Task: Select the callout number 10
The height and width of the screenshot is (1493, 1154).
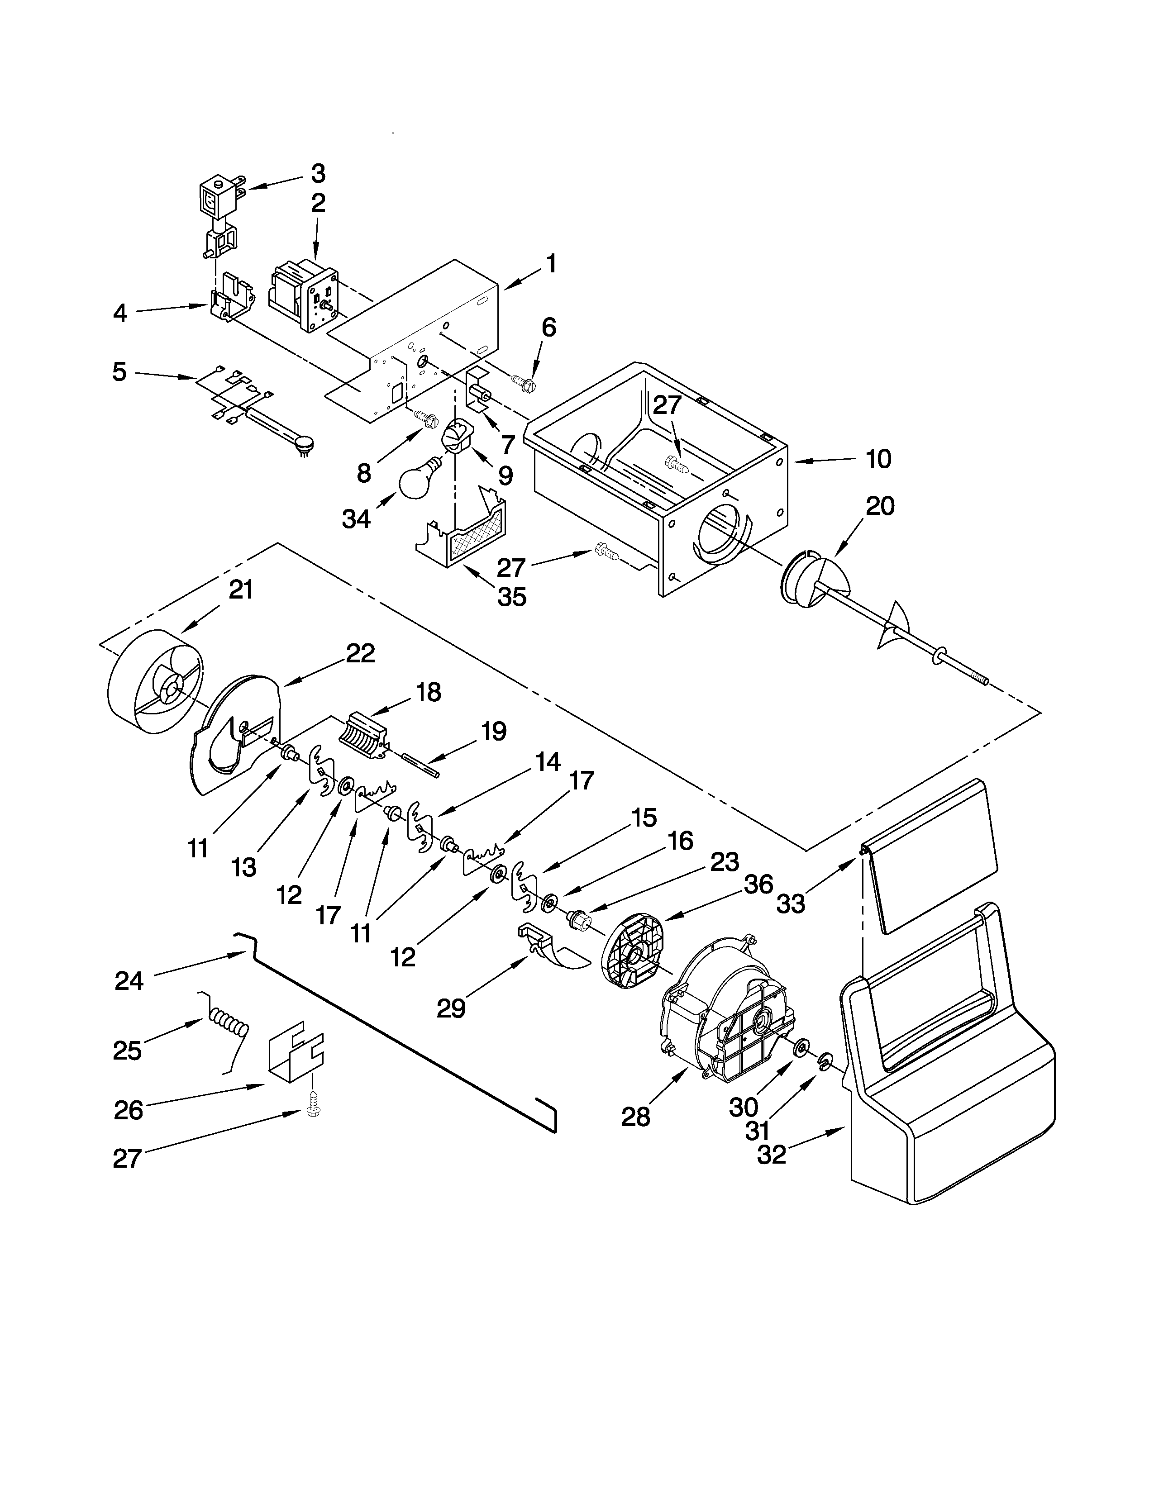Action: pos(878,459)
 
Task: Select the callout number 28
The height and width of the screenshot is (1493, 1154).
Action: pos(636,1117)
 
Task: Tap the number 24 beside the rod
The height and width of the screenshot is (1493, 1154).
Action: pos(129,981)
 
